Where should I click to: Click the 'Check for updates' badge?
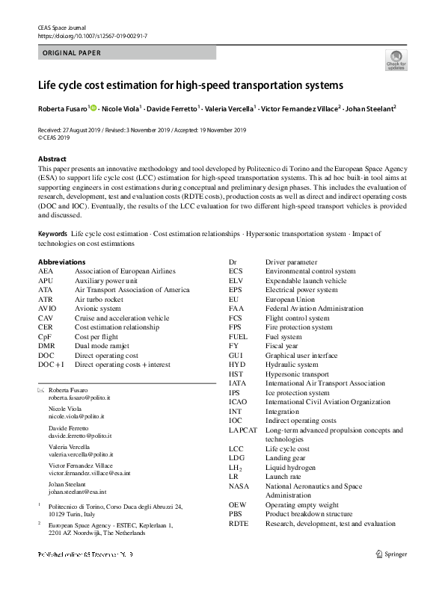[396, 60]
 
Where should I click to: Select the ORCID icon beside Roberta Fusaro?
[94, 109]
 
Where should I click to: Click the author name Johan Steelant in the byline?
[371, 109]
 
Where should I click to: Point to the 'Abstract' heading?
[52, 159]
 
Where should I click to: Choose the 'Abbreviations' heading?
[61, 262]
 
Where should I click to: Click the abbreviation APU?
[46, 280]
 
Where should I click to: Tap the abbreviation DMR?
[46, 346]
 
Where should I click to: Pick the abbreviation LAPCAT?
[244, 430]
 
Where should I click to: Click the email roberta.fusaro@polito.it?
[79, 400]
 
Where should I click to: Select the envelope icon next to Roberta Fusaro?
[40, 391]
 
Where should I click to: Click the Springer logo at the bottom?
[395, 554]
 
